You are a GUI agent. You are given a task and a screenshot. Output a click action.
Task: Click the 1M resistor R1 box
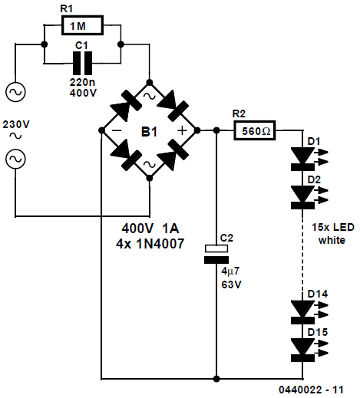[82, 25]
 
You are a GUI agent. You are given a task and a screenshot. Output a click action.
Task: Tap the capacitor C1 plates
[82, 63]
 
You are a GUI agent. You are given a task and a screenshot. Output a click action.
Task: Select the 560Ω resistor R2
[255, 130]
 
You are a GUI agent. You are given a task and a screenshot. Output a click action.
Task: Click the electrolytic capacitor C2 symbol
[216, 255]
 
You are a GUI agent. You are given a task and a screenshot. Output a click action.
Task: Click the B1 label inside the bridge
[149, 132]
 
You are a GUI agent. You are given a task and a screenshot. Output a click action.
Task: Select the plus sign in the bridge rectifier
[183, 130]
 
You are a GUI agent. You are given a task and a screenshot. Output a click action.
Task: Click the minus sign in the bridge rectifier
[117, 130]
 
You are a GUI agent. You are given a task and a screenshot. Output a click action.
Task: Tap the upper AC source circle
[15, 92]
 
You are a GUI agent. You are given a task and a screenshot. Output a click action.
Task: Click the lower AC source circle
[15, 159]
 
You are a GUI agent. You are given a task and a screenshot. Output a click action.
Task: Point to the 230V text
[16, 124]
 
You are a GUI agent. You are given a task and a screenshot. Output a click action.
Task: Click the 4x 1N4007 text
[150, 244]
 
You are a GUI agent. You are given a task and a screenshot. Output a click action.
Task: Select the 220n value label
[82, 82]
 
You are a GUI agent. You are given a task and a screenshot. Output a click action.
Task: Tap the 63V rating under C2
[231, 285]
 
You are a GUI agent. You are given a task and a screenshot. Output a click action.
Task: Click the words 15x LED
[333, 227]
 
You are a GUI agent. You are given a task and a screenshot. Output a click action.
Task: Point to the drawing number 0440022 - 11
[311, 390]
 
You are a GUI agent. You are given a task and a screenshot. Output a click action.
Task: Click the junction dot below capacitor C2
[216, 379]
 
